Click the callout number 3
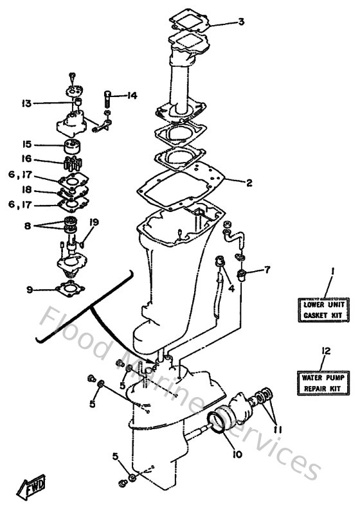click(240, 22)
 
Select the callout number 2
click(248, 182)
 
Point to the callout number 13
click(26, 103)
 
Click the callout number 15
click(26, 144)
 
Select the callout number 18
click(26, 191)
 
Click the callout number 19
click(94, 222)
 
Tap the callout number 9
click(30, 290)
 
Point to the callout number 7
click(267, 269)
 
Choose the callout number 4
click(230, 288)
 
